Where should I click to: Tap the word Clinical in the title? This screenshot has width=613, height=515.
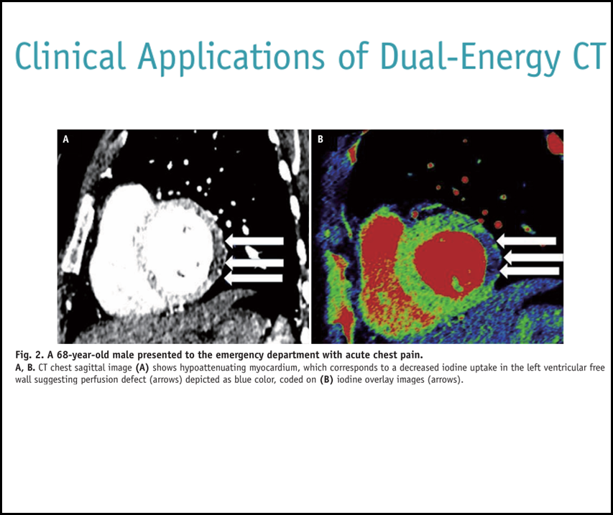[x=70, y=55]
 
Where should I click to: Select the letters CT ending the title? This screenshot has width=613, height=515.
[x=590, y=55]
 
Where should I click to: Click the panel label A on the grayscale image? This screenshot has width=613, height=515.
[x=65, y=139]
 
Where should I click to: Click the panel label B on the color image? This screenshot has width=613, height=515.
[x=321, y=139]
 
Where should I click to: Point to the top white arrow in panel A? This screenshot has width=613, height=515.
[x=254, y=241]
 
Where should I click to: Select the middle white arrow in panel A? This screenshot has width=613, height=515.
[x=254, y=263]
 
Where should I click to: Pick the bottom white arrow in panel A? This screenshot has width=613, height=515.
[x=254, y=278]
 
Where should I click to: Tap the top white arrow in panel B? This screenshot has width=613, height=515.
[x=526, y=241]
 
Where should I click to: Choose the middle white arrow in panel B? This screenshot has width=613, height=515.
[x=533, y=257]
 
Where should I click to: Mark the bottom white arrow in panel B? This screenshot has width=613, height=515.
[x=530, y=271]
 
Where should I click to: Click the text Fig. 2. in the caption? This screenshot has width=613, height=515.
[x=29, y=356]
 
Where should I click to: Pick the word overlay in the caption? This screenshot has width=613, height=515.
[x=380, y=380]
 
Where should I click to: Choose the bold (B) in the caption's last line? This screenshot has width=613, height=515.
[x=326, y=380]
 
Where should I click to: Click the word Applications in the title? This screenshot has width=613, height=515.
[x=231, y=57]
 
